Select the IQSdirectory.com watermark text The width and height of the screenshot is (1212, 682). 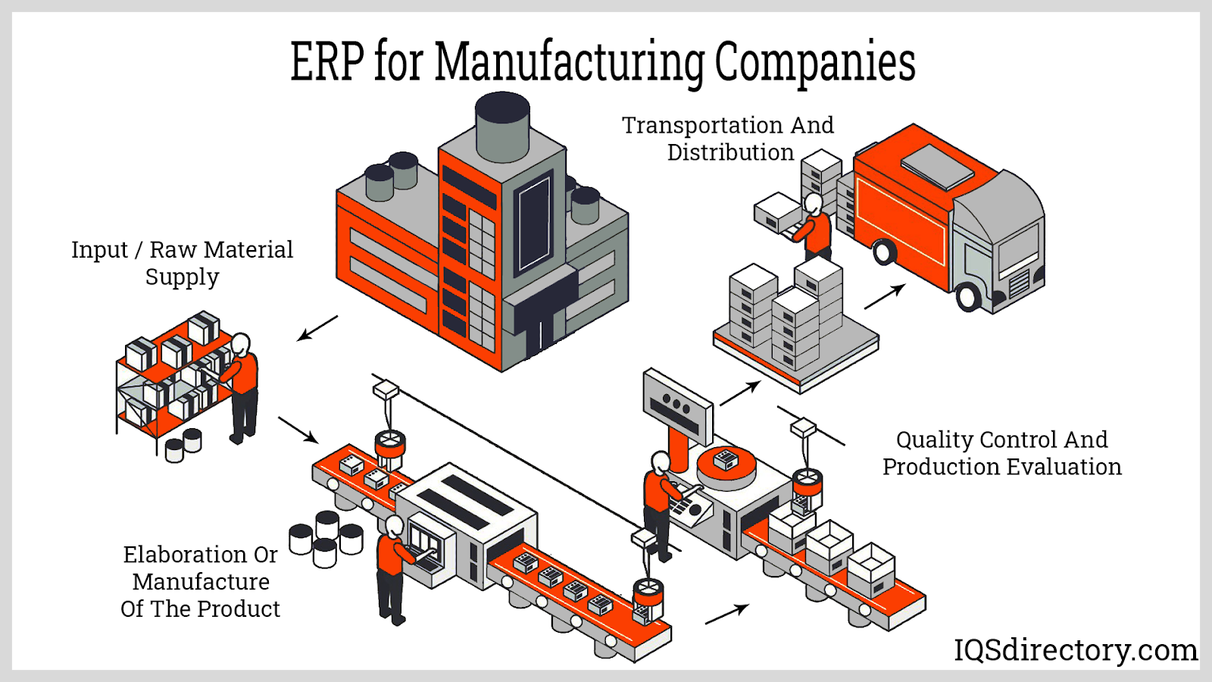click(x=1075, y=650)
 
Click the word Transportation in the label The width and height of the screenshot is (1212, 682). click(x=701, y=125)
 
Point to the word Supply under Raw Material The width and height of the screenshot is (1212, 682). click(x=182, y=277)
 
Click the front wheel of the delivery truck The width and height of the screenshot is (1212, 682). click(x=969, y=296)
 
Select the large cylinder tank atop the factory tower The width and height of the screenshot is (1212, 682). click(x=502, y=126)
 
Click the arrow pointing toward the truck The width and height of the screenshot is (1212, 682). click(x=885, y=296)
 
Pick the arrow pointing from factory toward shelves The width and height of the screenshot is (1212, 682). click(x=317, y=328)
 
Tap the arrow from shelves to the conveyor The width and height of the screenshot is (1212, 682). click(x=298, y=430)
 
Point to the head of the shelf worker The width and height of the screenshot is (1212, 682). click(x=240, y=345)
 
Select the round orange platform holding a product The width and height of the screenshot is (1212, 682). click(x=726, y=465)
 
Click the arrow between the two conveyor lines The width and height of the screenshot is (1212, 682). click(x=727, y=614)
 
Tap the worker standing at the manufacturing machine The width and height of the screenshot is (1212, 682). click(x=392, y=568)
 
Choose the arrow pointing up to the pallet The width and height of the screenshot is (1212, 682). click(x=740, y=393)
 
